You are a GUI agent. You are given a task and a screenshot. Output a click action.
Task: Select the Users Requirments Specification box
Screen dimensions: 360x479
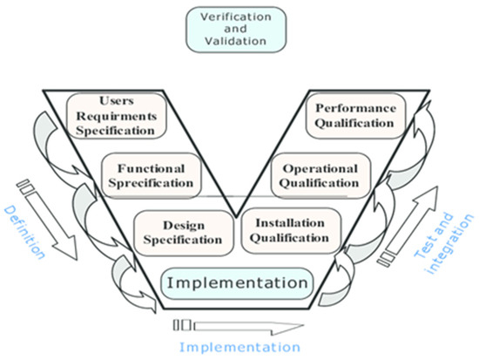pos(111,117)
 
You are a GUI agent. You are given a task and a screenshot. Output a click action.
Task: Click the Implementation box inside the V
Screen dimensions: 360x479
pos(237,283)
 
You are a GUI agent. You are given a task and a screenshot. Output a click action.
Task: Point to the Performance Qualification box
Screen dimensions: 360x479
pos(355,117)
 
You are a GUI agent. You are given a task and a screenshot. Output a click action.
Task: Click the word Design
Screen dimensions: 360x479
pos(183,225)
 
